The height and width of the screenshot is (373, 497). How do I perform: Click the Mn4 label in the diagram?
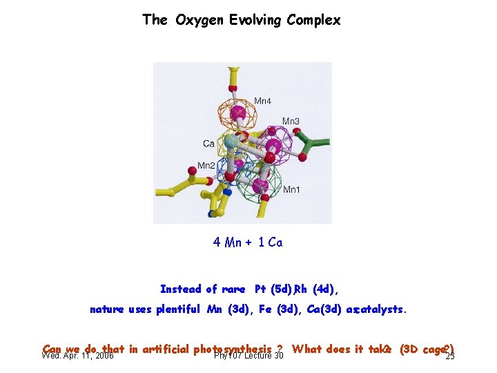[x=262, y=101]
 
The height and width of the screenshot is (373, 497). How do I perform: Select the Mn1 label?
[x=291, y=189]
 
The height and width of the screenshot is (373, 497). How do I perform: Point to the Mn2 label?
[x=206, y=166]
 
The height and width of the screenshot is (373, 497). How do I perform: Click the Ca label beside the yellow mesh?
[x=208, y=144]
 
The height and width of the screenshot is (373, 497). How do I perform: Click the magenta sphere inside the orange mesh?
[x=238, y=112]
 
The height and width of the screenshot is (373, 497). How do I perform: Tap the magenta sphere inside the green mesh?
[x=260, y=185]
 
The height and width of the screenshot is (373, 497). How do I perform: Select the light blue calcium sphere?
[x=232, y=141]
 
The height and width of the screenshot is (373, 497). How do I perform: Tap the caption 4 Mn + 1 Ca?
[x=248, y=242]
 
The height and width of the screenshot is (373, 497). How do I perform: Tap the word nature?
[x=107, y=309]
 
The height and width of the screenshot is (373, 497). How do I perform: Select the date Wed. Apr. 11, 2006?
[x=77, y=356]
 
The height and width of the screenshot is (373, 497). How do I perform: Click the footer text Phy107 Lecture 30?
[x=248, y=356]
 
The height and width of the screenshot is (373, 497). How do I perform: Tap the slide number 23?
[x=450, y=356]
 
